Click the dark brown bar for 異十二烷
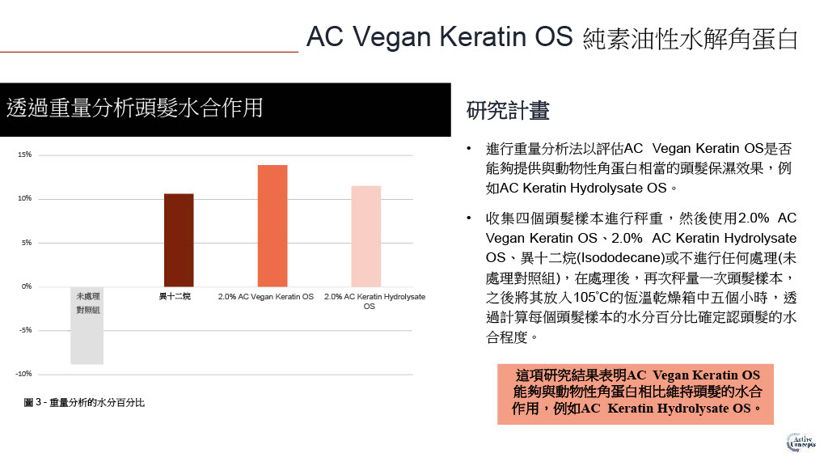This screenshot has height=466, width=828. [179, 239]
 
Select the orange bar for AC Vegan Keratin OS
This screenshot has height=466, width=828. [272, 226]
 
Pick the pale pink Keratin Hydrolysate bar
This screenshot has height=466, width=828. [366, 236]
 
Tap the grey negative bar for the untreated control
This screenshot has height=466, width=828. [87, 325]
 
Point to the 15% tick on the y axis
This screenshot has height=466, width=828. [25, 155]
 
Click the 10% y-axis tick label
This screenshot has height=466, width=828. [25, 199]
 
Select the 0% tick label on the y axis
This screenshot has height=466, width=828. [27, 286]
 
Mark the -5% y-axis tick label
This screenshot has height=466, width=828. [25, 330]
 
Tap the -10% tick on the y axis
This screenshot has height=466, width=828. [23, 374]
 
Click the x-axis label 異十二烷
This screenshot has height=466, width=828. [175, 297]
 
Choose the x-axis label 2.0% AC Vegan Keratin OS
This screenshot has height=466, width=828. [265, 297]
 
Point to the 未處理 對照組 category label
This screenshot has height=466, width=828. [87, 303]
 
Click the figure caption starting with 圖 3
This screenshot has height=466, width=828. [84, 403]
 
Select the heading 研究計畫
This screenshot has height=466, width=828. [508, 110]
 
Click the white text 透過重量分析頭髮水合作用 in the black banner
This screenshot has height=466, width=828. [135, 108]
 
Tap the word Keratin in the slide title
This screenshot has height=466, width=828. [483, 37]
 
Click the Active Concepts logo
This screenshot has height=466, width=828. [801, 443]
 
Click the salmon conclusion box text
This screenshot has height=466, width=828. [636, 392]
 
